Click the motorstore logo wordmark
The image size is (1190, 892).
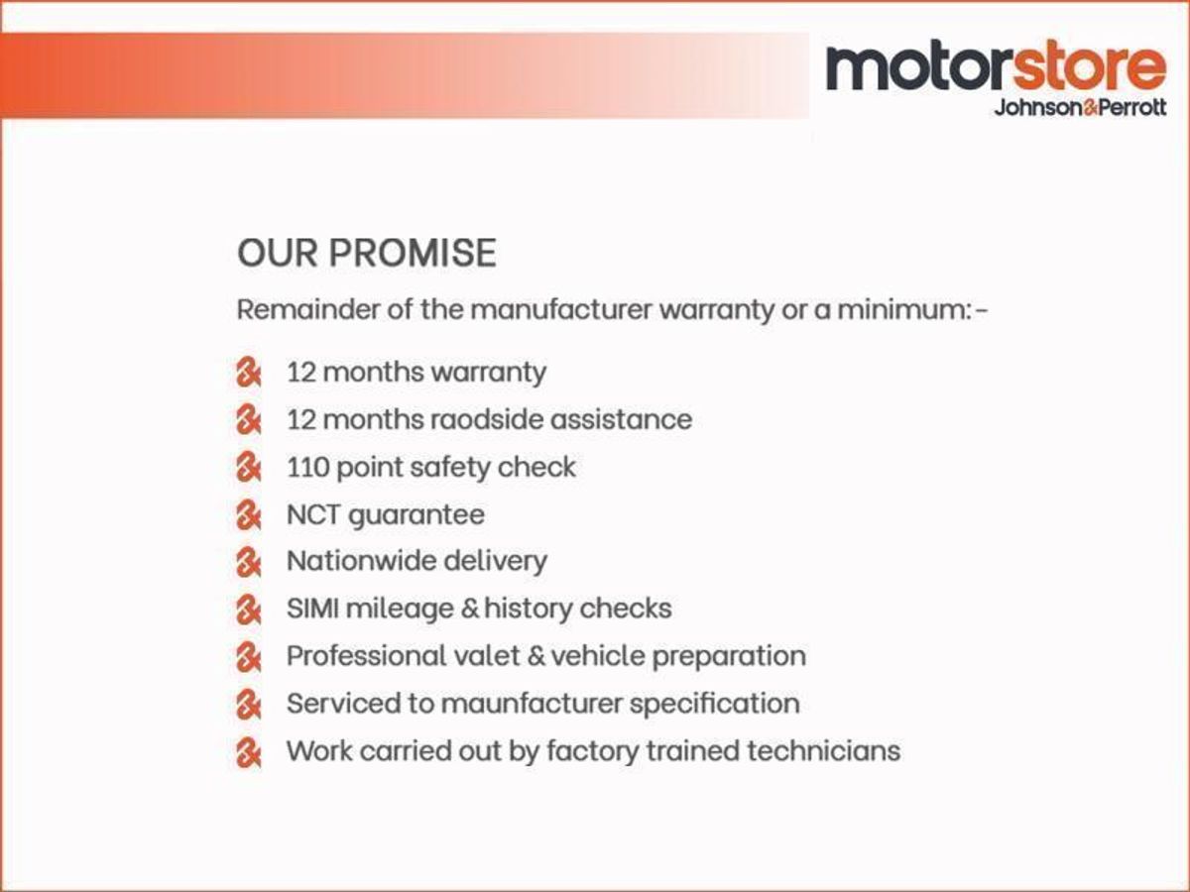pos(996,66)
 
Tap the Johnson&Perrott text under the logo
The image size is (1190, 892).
pos(1080,108)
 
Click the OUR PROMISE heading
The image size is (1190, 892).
pos(366,254)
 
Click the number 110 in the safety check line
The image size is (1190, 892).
pos(307,467)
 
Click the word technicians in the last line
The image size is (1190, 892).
pos(823,750)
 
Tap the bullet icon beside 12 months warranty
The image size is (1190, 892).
pos(248,374)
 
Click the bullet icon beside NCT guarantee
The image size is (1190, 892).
pos(248,515)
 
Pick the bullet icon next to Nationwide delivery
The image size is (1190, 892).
pos(248,563)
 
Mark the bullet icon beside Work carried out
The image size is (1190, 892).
pos(248,752)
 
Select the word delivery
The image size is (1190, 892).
pos(494,561)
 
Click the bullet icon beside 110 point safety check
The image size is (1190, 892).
pos(248,468)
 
